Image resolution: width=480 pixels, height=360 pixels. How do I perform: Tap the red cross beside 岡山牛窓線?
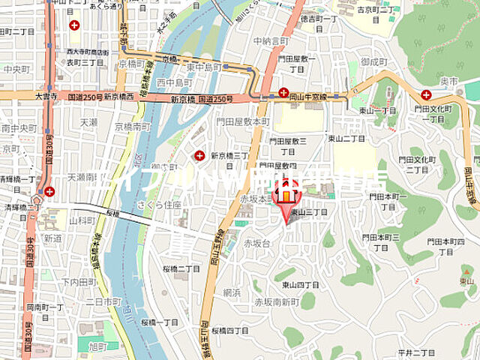(x=283, y=92)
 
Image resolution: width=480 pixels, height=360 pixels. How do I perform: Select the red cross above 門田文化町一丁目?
(x=426, y=94)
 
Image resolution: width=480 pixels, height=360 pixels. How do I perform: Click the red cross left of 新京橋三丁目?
(x=199, y=155)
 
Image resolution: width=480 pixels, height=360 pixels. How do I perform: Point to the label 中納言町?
(x=270, y=40)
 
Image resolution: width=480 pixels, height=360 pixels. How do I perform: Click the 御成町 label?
(x=372, y=61)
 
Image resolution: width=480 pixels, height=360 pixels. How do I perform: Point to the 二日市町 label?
(x=103, y=301)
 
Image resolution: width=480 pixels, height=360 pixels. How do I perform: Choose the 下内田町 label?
(x=80, y=282)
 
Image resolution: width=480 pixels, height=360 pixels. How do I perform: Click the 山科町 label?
(x=82, y=221)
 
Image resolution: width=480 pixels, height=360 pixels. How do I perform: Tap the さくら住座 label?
(x=165, y=204)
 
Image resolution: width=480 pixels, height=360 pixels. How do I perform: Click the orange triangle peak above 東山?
(x=466, y=270)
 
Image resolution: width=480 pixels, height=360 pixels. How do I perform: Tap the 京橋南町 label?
(x=133, y=127)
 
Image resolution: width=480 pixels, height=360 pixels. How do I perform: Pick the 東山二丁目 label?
(x=346, y=139)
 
